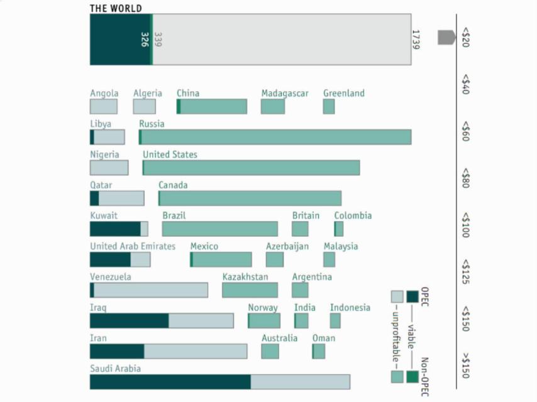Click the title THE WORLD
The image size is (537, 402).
[116, 8]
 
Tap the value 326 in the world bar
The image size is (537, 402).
[144, 40]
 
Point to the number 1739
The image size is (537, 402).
[416, 39]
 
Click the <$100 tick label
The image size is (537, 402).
[465, 225]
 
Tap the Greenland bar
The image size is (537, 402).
[329, 107]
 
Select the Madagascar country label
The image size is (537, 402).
[285, 94]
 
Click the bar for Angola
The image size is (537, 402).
[103, 107]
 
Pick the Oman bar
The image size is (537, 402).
[319, 351]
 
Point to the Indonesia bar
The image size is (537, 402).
[335, 321]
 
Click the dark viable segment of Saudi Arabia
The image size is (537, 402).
[170, 382]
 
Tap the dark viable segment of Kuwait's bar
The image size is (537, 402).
[115, 229]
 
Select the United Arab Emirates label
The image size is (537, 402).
[133, 246]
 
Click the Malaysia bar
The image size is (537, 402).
[329, 260]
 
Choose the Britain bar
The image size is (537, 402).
[300, 229]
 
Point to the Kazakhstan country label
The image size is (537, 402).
[245, 277]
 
